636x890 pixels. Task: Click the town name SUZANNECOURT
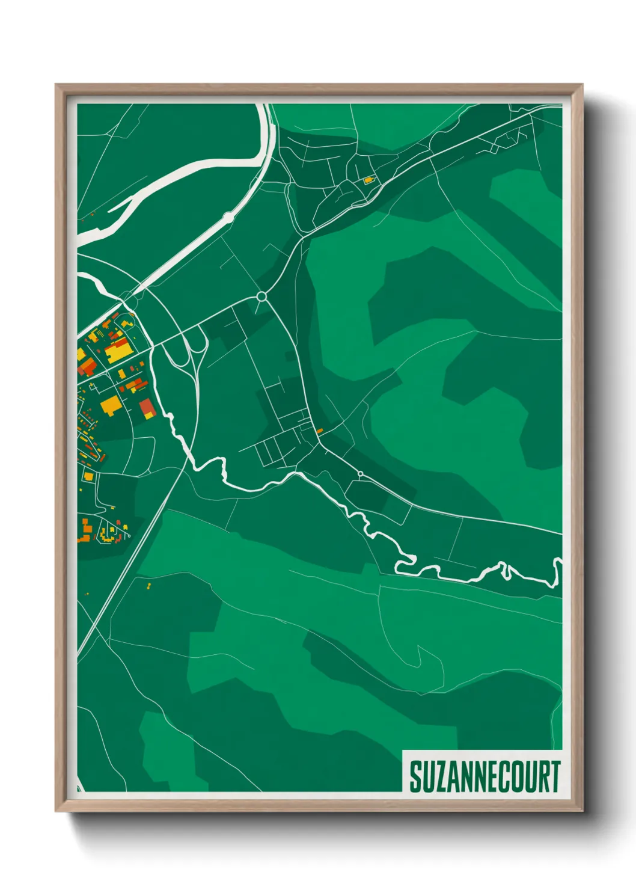click(485, 776)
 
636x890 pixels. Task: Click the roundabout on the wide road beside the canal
click(228, 216)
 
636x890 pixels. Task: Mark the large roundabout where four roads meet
click(261, 296)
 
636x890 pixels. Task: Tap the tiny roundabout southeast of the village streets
click(360, 474)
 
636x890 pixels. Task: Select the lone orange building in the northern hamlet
click(368, 180)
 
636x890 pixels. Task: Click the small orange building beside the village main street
click(320, 431)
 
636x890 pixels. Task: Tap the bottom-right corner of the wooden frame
click(582, 811)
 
